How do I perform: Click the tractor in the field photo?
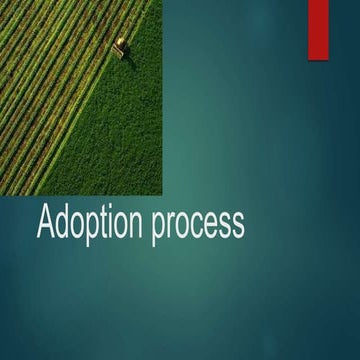pos(121,44)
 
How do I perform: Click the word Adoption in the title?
pos(90,223)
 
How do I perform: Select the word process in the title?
pos(199,225)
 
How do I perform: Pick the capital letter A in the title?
pos(46,222)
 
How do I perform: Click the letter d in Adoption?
pos(63,222)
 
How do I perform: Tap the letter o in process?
pos(183,225)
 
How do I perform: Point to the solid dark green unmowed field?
pos(125,140)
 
